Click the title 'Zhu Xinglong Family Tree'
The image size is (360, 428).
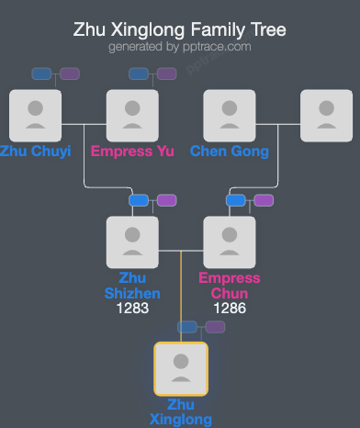[180, 30]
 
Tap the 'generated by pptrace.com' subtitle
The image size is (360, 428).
[180, 46]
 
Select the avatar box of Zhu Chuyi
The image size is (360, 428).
[35, 116]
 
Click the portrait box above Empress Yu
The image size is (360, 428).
[132, 116]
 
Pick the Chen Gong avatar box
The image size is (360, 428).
[230, 116]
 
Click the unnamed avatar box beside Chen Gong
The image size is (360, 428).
[327, 116]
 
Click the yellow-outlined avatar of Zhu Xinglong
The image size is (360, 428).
[181, 368]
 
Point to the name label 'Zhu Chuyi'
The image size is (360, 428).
[35, 152]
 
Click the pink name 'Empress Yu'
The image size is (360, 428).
[132, 152]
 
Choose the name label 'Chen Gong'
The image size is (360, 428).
[230, 152]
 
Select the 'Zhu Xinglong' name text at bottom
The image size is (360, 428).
[181, 411]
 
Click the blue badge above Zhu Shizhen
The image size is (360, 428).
[139, 199]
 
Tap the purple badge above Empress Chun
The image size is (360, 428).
[264, 199]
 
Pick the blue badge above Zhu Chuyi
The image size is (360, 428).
[41, 73]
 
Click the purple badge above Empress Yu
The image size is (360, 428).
[166, 73]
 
